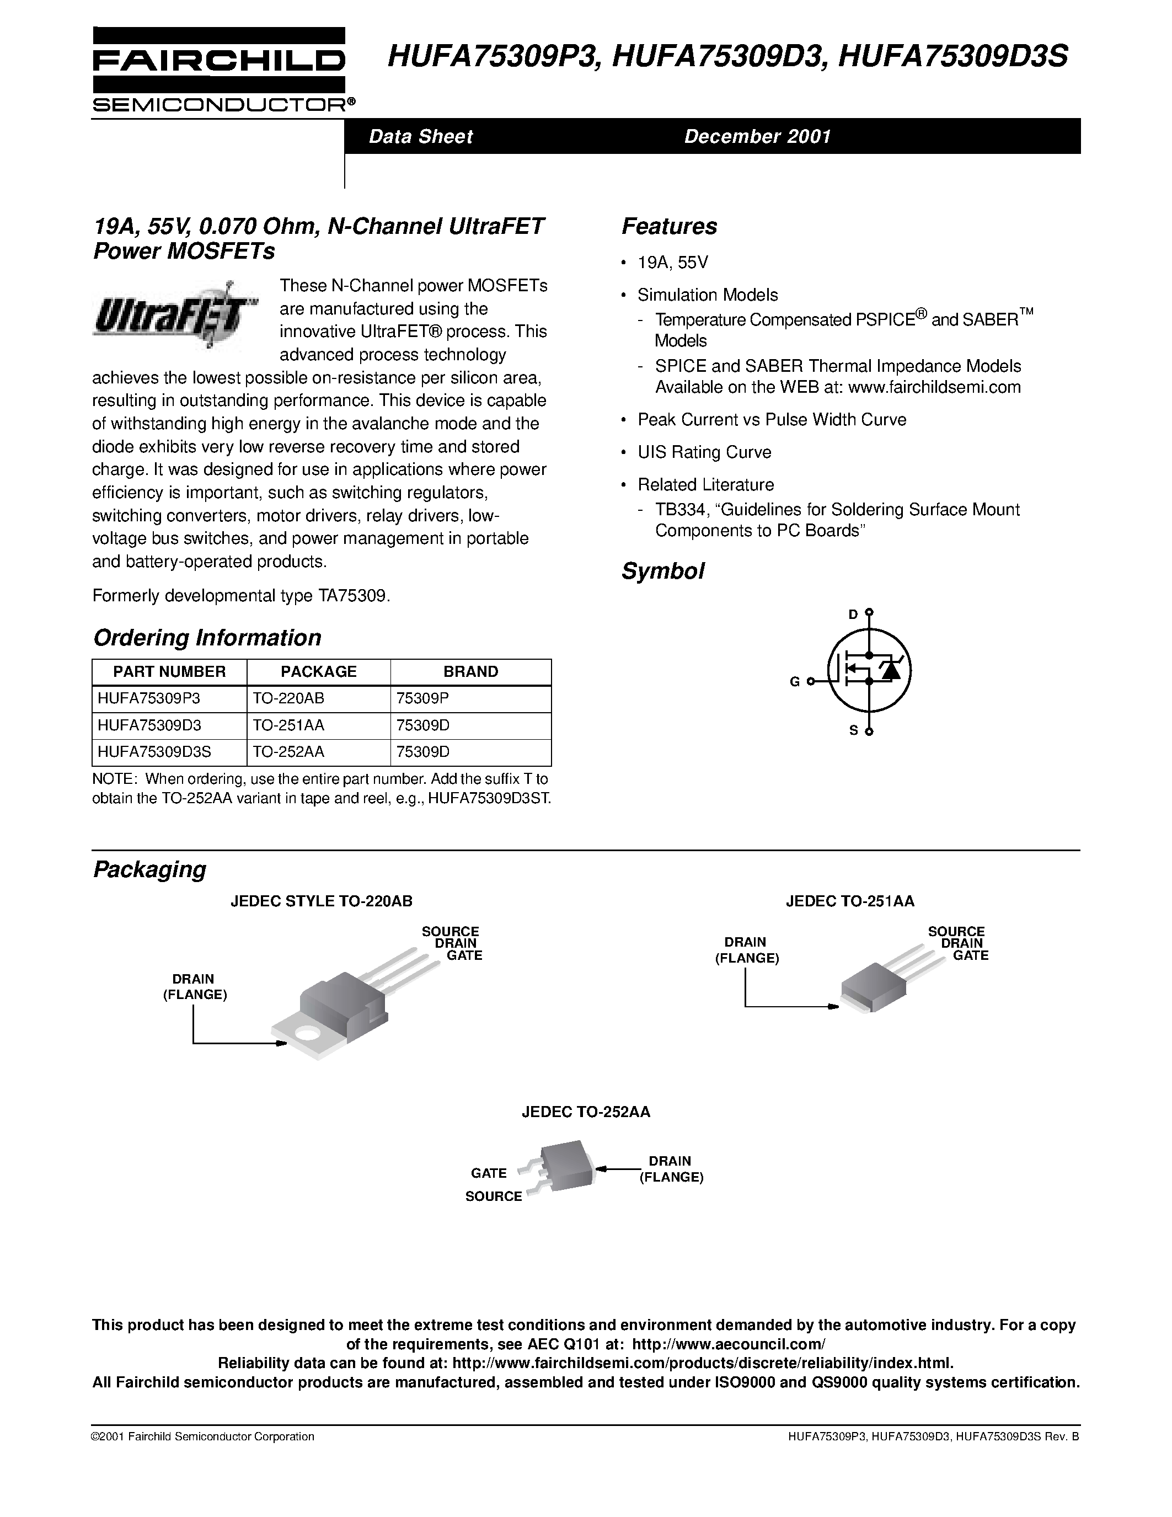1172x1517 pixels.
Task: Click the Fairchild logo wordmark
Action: [218, 61]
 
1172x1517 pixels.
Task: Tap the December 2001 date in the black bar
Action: [757, 136]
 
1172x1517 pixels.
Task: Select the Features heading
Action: [668, 226]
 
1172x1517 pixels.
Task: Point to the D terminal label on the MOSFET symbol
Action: [853, 614]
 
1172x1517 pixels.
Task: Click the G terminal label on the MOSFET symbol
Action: [794, 682]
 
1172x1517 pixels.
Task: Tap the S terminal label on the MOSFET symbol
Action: [854, 730]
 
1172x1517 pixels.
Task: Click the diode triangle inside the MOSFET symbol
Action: [891, 670]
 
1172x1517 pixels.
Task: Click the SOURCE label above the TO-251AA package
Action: [955, 932]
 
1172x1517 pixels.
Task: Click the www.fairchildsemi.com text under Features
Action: [934, 387]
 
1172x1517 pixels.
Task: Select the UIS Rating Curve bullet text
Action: [704, 452]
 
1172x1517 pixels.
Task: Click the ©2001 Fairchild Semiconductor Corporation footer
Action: [203, 1436]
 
